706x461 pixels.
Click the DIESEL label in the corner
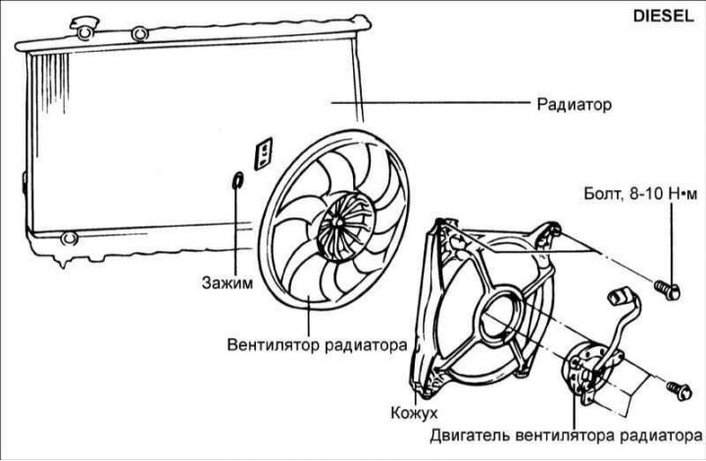(663, 16)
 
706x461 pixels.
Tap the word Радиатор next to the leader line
(575, 104)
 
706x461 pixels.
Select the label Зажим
(227, 282)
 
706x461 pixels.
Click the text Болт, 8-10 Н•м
(640, 193)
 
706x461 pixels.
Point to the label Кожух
(414, 412)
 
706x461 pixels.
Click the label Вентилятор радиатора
(317, 345)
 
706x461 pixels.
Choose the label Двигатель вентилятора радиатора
(566, 435)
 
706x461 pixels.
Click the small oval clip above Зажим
(237, 181)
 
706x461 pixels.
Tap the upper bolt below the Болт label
(666, 288)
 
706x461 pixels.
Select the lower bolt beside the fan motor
(679, 389)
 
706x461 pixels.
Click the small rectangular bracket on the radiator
(264, 154)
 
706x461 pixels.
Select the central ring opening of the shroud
(501, 316)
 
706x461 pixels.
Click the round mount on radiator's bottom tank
(69, 237)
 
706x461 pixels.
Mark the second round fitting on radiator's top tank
(139, 33)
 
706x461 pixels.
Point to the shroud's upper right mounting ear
(548, 232)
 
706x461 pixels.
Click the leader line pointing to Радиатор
(430, 103)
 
